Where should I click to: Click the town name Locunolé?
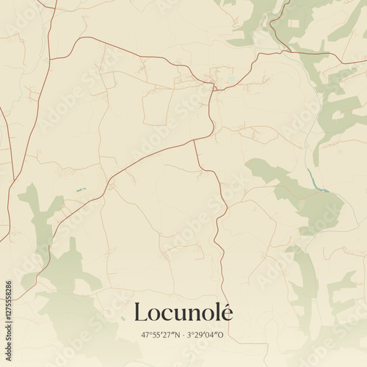pos(183,313)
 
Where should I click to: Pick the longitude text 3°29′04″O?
pos(206,335)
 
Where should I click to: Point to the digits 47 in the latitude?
pos(145,335)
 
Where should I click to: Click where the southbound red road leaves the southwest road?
pos(194,140)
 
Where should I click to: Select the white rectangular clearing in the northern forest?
pos(294,23)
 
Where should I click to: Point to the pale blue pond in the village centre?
pos(232,79)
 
